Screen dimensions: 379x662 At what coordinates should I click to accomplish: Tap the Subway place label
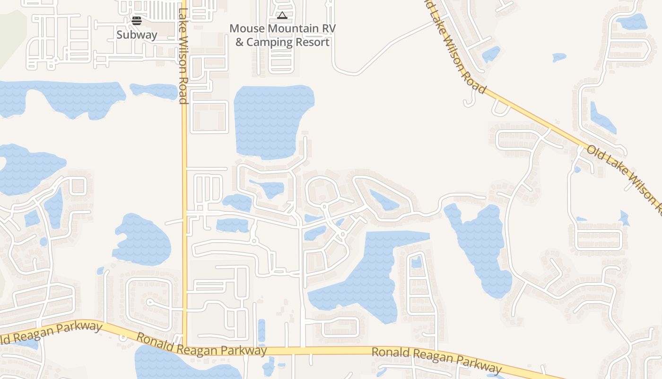[137, 35]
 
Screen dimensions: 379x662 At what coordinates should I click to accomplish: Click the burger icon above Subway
[137, 21]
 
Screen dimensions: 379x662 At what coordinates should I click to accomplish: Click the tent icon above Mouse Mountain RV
[282, 16]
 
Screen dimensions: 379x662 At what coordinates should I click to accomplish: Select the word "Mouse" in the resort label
[247, 28]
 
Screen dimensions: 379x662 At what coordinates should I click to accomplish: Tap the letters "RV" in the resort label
[329, 28]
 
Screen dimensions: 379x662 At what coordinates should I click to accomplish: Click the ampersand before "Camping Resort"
[240, 42]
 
